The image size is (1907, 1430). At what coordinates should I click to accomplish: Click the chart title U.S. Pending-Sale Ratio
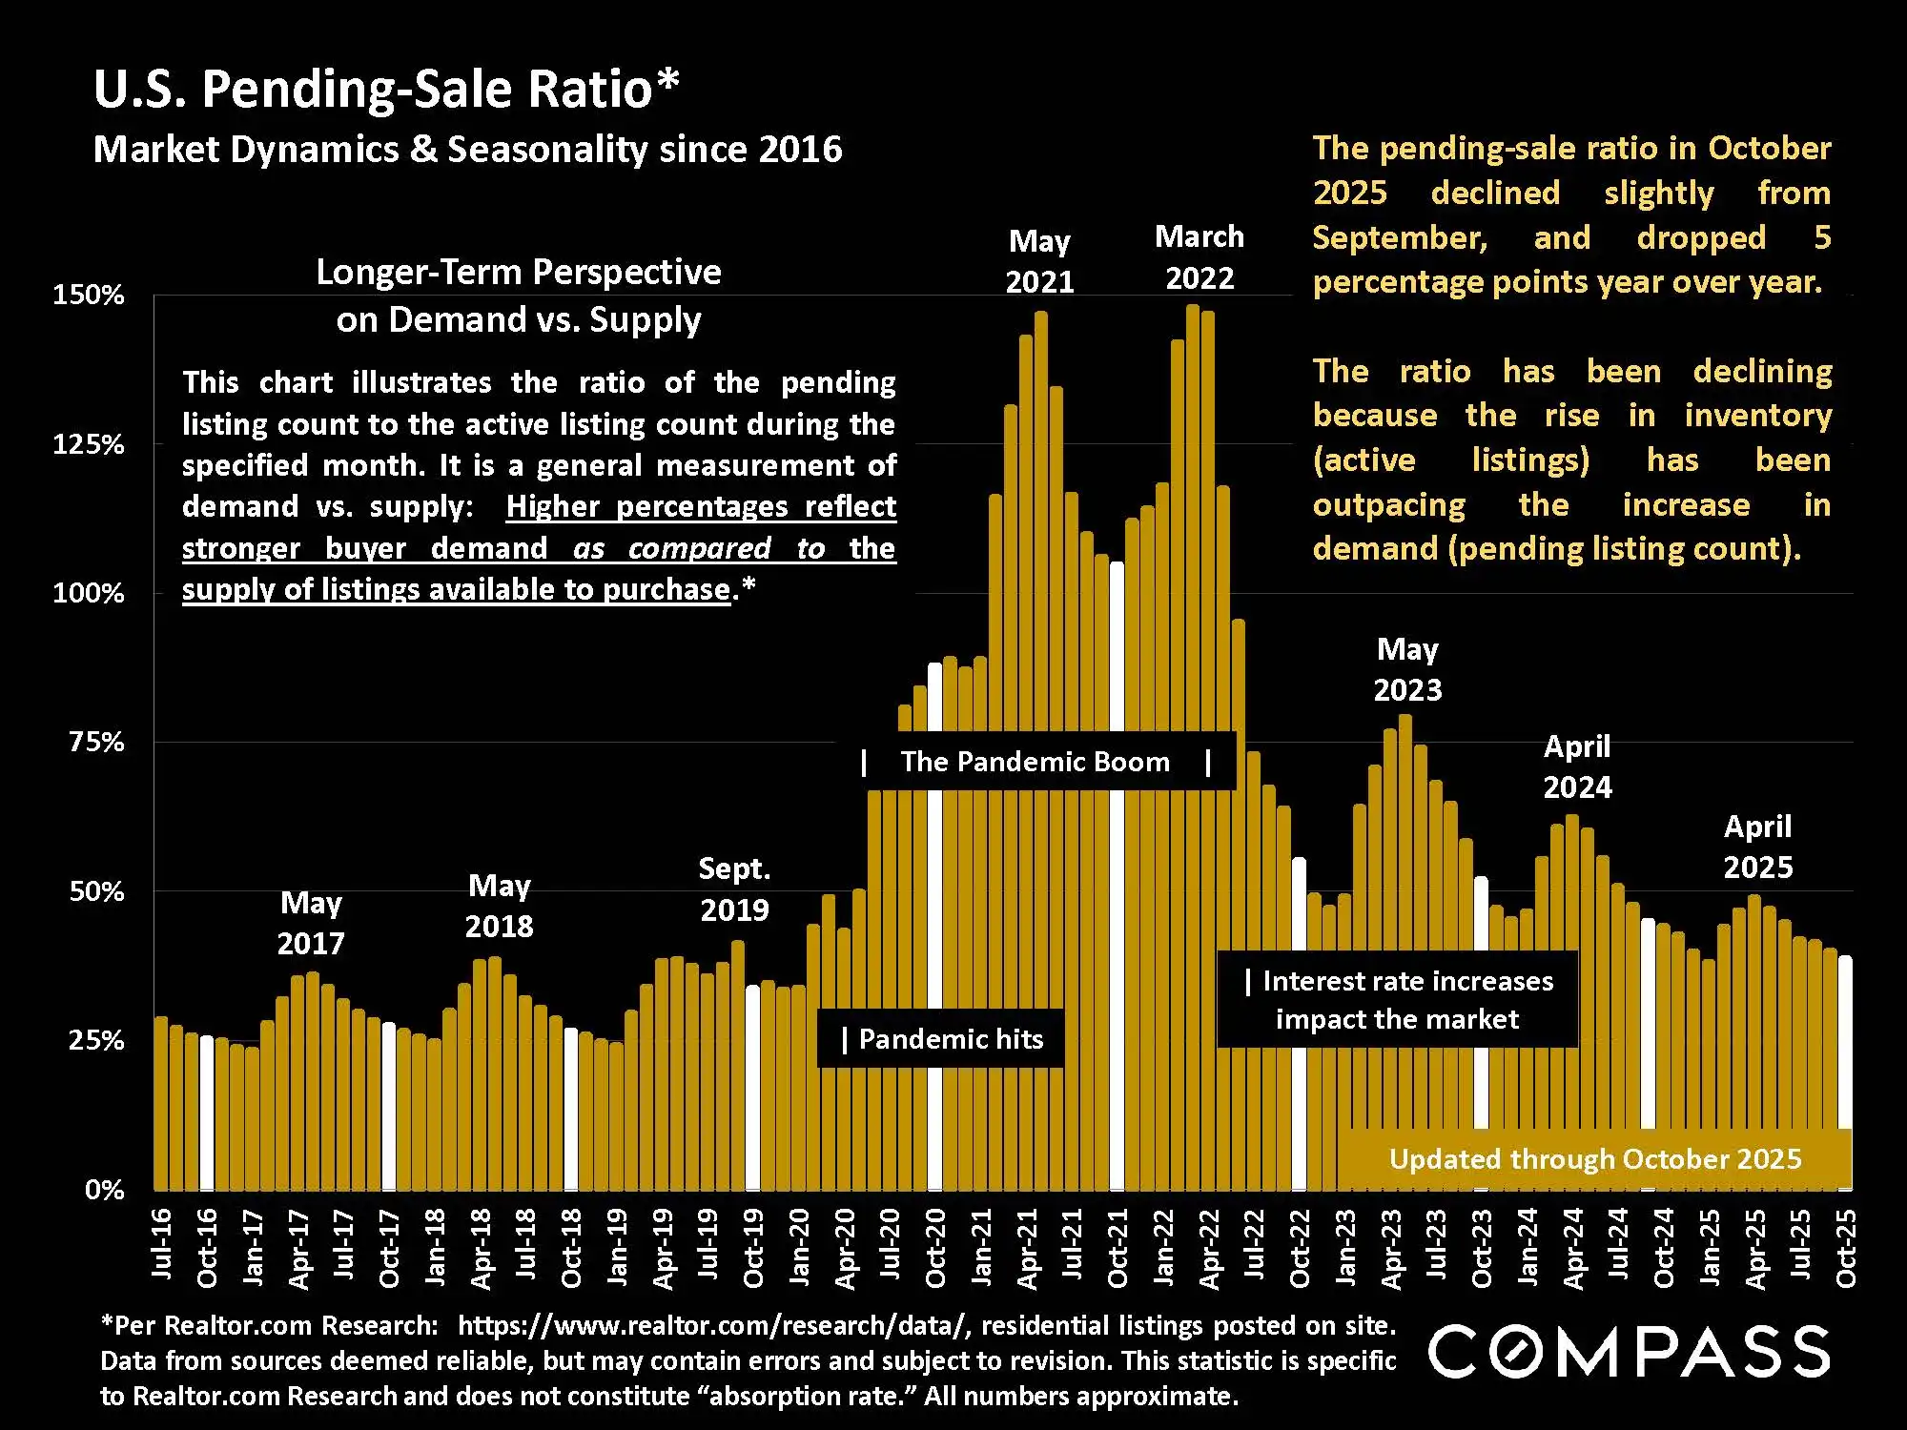click(x=386, y=89)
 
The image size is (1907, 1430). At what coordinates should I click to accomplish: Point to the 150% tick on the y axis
click(x=89, y=295)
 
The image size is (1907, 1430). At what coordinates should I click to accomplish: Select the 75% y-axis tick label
click(x=96, y=742)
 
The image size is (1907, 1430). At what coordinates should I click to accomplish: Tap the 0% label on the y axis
click(x=105, y=1190)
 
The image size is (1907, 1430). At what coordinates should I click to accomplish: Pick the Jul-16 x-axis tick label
click(x=162, y=1243)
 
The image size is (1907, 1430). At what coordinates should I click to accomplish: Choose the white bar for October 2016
click(x=207, y=1113)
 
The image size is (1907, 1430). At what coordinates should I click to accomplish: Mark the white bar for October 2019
click(x=752, y=1087)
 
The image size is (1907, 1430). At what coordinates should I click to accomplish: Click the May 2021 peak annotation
click(x=1039, y=261)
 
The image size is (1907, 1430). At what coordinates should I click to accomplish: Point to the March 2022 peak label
click(x=1200, y=257)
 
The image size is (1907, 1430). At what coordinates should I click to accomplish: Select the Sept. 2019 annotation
click(x=734, y=889)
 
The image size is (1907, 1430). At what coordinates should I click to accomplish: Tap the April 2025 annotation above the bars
click(x=1757, y=847)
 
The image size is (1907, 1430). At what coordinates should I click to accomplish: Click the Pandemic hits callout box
click(x=941, y=1039)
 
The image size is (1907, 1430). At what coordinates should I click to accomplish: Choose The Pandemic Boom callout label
click(x=1036, y=762)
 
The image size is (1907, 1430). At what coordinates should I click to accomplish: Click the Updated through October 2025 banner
click(x=1594, y=1159)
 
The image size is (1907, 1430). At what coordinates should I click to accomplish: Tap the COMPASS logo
click(x=1629, y=1351)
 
